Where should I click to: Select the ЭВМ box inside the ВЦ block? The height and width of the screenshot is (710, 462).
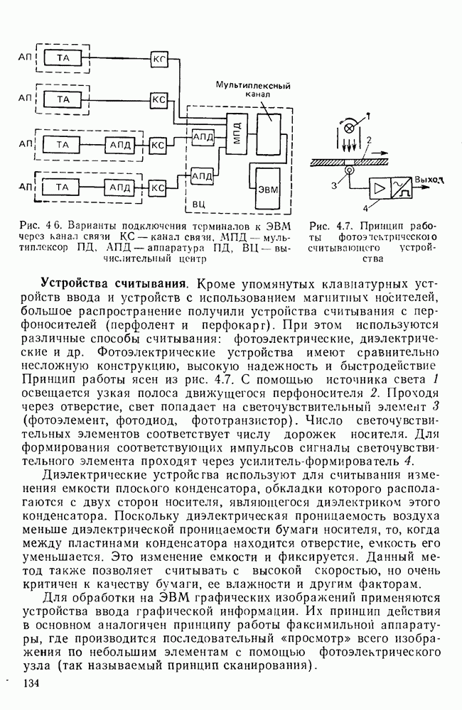click(268, 187)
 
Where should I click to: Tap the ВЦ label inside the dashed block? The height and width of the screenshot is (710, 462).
click(200, 204)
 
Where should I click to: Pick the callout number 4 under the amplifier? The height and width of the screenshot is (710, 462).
click(365, 209)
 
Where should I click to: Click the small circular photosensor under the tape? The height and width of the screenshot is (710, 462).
click(348, 170)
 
